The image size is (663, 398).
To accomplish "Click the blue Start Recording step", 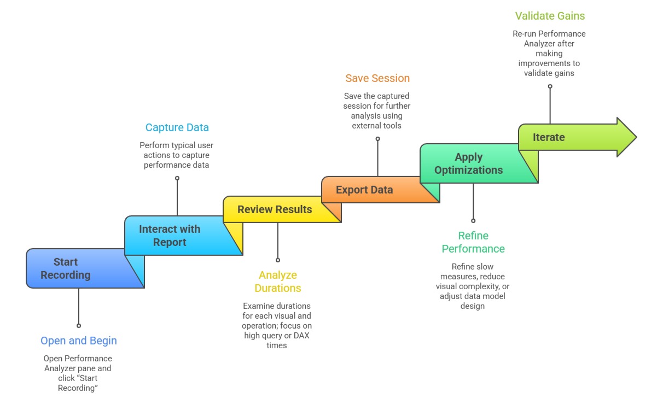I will [66, 268].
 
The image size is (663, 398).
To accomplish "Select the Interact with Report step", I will [170, 236].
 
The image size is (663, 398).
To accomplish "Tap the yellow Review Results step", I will [275, 209].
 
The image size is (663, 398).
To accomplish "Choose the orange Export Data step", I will [364, 190].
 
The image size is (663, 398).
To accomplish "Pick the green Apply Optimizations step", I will [468, 163].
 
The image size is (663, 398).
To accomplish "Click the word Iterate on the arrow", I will [549, 137].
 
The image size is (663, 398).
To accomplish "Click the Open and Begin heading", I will [79, 341].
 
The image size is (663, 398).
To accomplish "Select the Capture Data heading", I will [177, 127].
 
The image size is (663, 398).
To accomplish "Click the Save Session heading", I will [377, 78].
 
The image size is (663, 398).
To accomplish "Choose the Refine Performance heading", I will [473, 242].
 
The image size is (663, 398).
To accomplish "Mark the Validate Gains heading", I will [550, 16].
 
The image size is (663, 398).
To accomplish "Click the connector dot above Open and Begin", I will [79, 325].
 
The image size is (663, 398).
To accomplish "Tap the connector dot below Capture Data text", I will [177, 178].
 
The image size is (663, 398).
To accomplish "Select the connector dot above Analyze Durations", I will [278, 260].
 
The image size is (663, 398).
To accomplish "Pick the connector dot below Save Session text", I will [377, 139].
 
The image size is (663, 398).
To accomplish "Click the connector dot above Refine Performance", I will [473, 221].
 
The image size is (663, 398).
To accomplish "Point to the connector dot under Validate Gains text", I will [550, 86].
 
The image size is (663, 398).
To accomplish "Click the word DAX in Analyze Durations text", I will [301, 336].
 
